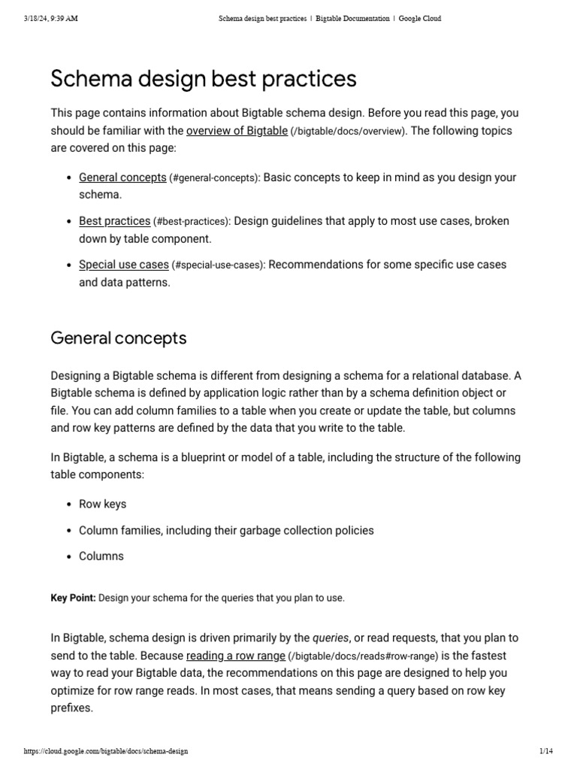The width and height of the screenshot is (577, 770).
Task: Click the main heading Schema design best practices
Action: point(203,79)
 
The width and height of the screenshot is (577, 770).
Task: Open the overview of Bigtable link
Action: point(237,131)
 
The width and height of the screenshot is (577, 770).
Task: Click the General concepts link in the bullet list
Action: point(122,177)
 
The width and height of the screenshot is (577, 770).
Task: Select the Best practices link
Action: point(114,221)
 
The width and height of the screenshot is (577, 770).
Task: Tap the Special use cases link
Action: point(123,265)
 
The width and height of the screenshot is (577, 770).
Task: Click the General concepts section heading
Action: point(118,338)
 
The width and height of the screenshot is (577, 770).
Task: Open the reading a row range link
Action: point(235,655)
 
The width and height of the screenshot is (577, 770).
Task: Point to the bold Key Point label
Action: point(73,598)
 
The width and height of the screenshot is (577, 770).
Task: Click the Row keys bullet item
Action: point(102,504)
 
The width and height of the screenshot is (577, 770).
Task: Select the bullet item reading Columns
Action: point(101,556)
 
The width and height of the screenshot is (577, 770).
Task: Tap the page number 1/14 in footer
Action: point(545,751)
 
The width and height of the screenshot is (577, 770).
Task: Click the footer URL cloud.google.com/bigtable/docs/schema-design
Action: point(106,751)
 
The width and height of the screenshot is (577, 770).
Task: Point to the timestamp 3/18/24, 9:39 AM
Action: point(50,19)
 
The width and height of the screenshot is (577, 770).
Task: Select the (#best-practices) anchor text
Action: point(192,222)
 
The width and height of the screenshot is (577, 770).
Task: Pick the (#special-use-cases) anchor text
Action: point(218,265)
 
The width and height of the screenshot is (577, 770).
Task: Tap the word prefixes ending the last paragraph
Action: point(71,708)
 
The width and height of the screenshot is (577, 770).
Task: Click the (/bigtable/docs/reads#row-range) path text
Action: point(361,656)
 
